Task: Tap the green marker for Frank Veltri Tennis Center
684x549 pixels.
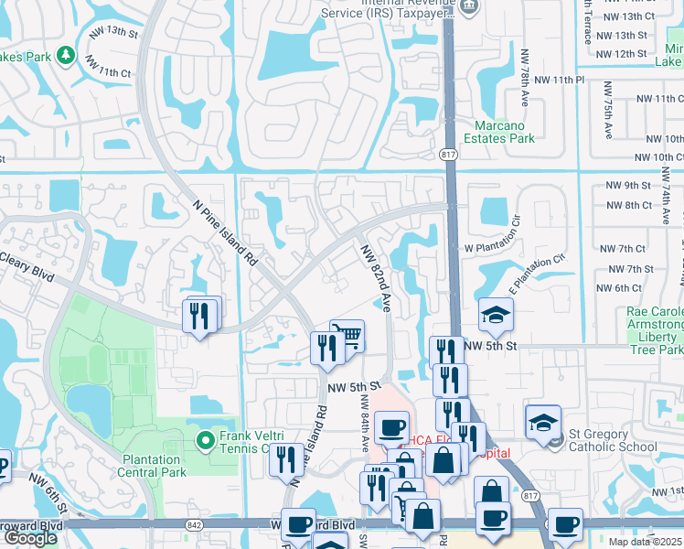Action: click(x=205, y=441)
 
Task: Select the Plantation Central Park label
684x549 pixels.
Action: click(x=152, y=466)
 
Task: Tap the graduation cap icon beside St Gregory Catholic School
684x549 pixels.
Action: click(x=542, y=421)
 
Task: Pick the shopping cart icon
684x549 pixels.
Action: click(x=347, y=336)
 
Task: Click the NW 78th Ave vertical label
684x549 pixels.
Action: click(x=526, y=77)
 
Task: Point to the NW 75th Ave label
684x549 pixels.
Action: click(x=607, y=108)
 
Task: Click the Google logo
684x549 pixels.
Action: click(x=30, y=538)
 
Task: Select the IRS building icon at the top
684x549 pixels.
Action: click(x=469, y=5)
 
